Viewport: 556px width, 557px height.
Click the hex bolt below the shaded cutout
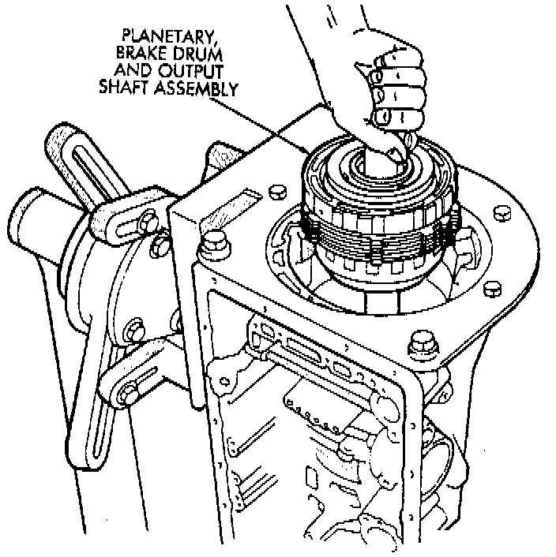(212, 244)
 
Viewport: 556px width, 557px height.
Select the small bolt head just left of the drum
(276, 191)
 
